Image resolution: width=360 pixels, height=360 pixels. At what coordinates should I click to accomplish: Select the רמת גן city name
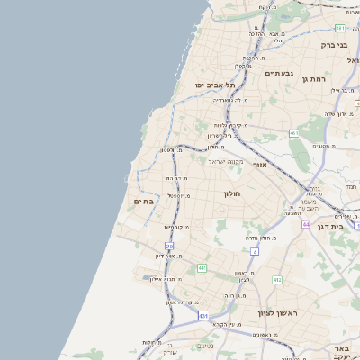click(x=319, y=78)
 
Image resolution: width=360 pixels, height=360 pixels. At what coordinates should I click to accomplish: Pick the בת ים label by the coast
click(x=144, y=202)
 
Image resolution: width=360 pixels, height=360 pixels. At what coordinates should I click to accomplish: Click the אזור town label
click(x=260, y=166)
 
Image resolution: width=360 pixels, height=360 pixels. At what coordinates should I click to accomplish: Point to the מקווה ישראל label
click(x=228, y=162)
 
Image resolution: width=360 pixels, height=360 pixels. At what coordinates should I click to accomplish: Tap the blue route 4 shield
click(x=255, y=252)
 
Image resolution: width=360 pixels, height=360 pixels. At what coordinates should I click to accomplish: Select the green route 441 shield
click(x=202, y=268)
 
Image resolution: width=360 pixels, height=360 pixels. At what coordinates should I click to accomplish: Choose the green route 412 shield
click(x=276, y=280)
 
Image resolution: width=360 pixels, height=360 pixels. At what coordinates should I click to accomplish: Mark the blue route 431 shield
click(x=203, y=316)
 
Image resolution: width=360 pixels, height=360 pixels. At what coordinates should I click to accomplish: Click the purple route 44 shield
click(x=306, y=224)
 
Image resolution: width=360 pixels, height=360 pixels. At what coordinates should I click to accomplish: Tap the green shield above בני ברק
click(x=339, y=28)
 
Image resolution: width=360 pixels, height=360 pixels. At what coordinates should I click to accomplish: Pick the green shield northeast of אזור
click(x=293, y=133)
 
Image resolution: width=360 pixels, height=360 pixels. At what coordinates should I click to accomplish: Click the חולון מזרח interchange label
click(x=260, y=237)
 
